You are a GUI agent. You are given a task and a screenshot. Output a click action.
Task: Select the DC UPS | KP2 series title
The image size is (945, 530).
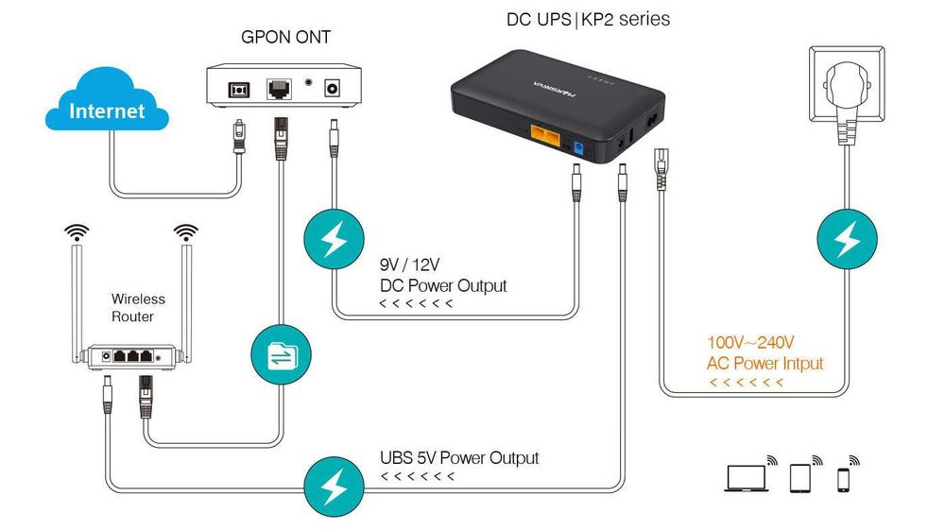[589, 18]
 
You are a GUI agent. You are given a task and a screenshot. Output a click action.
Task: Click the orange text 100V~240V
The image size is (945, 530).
[751, 342]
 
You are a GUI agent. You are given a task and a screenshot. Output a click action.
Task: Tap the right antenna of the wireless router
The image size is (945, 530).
[187, 293]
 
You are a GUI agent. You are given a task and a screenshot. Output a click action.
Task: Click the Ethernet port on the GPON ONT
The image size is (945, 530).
[280, 89]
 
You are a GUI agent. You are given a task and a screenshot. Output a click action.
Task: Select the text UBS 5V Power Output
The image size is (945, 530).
[459, 458]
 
